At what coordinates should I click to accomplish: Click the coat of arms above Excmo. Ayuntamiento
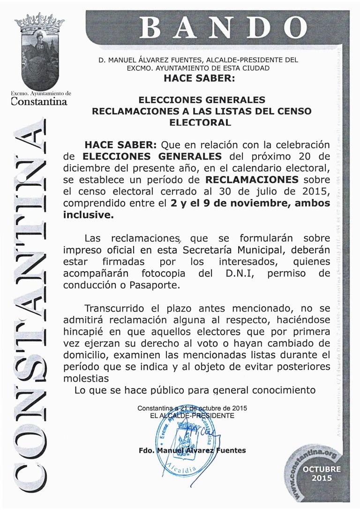coord(39,52)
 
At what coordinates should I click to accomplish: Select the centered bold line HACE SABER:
coord(198,78)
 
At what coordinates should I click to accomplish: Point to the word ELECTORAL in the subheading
coord(200,122)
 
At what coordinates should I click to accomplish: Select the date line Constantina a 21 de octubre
coord(192,409)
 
